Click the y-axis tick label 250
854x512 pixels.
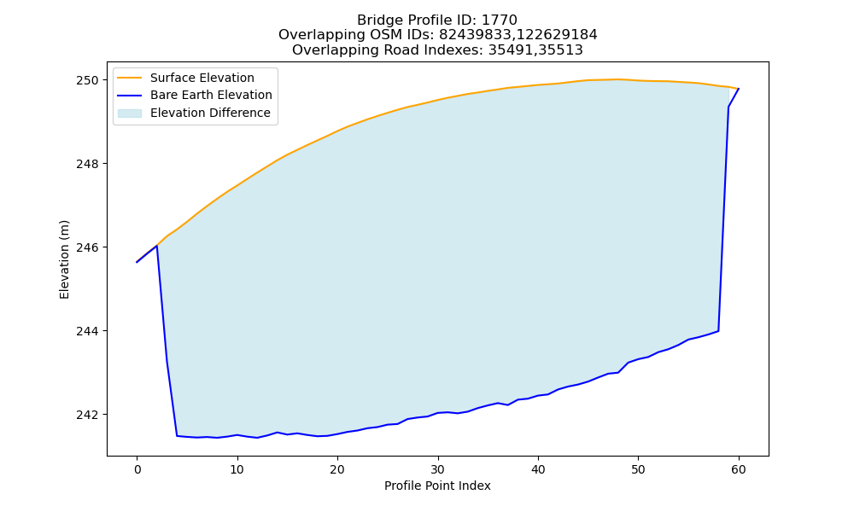click(x=87, y=80)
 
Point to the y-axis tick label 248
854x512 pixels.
click(x=87, y=164)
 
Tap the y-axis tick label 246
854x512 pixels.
click(x=87, y=247)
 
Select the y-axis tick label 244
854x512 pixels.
click(x=87, y=331)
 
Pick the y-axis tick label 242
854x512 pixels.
click(x=87, y=415)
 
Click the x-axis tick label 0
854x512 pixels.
click(x=137, y=470)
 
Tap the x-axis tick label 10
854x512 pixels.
click(x=237, y=470)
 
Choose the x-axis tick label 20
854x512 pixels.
click(x=337, y=470)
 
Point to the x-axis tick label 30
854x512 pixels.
click(x=438, y=470)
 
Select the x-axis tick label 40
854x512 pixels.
click(x=538, y=470)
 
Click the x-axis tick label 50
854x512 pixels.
click(x=638, y=470)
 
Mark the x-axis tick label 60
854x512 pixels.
click(x=739, y=470)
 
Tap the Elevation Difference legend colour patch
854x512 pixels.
click(x=130, y=113)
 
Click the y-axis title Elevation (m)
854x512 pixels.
click(x=64, y=259)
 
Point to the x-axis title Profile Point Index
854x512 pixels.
click(x=437, y=486)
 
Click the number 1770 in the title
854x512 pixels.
click(x=500, y=20)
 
